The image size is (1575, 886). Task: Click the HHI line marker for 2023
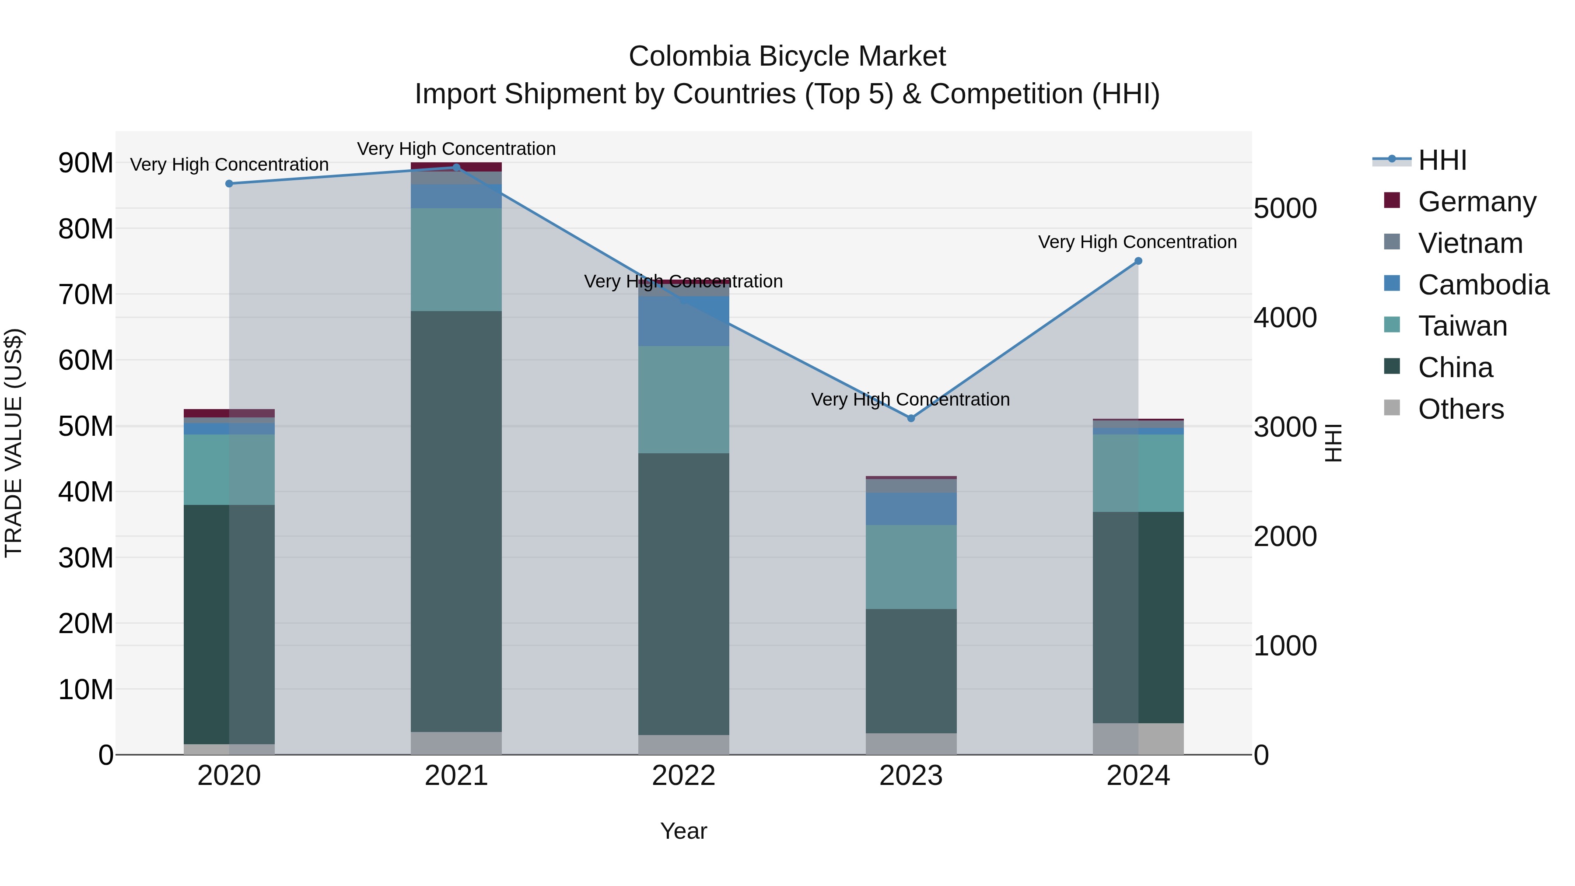(911, 418)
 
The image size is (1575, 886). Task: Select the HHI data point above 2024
(1138, 261)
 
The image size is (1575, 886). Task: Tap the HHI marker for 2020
(229, 183)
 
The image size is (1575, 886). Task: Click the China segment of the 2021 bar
(456, 520)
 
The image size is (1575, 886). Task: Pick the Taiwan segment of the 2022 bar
(683, 399)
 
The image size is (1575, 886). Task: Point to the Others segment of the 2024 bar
(1138, 739)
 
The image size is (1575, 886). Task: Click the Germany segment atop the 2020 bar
(229, 413)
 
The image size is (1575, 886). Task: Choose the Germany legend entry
(1476, 202)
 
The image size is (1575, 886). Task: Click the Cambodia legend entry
(1483, 285)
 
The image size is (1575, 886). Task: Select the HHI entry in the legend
(1442, 160)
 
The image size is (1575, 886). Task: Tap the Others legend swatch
(1392, 407)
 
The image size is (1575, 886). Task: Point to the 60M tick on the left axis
(86, 360)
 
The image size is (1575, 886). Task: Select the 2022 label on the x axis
(683, 776)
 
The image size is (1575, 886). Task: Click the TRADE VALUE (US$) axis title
(14, 443)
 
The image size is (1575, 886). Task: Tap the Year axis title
(683, 831)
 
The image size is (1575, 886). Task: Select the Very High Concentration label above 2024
(1137, 242)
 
